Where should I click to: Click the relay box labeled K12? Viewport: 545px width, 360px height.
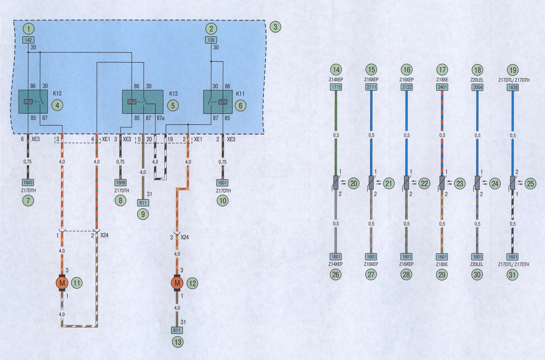(33, 102)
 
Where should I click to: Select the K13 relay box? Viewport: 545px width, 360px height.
(142, 102)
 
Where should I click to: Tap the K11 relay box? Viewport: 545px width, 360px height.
(218, 102)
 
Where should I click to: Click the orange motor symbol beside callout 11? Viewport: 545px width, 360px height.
(62, 283)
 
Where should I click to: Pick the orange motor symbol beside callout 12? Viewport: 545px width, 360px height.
(177, 283)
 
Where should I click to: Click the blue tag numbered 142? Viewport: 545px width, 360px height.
(28, 40)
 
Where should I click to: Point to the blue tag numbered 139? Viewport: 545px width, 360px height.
(211, 40)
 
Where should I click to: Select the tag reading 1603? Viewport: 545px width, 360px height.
(28, 182)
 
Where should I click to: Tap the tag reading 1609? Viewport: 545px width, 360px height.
(120, 182)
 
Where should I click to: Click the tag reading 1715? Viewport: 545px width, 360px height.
(336, 87)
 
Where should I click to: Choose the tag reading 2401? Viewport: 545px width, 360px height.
(442, 87)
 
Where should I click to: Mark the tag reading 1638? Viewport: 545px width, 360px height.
(513, 87)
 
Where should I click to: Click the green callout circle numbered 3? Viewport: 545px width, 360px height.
(275, 27)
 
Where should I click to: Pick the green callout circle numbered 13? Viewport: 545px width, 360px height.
(178, 342)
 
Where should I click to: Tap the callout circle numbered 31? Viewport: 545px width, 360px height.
(512, 275)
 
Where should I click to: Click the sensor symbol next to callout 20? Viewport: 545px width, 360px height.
(336, 183)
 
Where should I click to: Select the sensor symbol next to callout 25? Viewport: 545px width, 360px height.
(512, 183)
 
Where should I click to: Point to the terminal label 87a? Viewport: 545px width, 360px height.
(160, 118)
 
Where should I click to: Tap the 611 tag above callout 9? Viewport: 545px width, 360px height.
(143, 203)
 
